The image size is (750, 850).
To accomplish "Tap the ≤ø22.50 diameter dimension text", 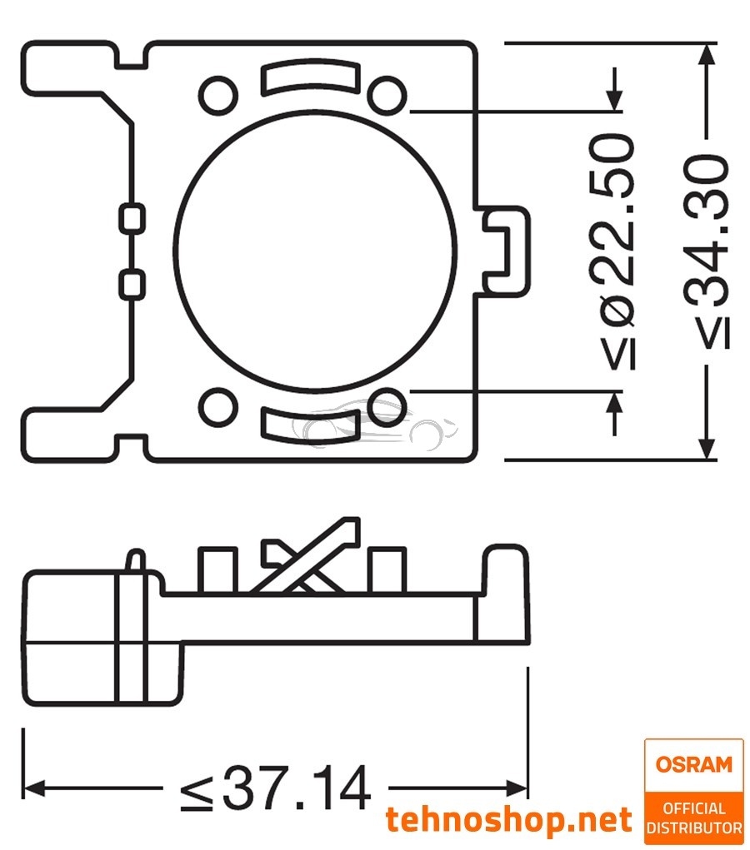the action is (x=617, y=251).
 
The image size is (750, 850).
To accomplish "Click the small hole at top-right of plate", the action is (x=387, y=94).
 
